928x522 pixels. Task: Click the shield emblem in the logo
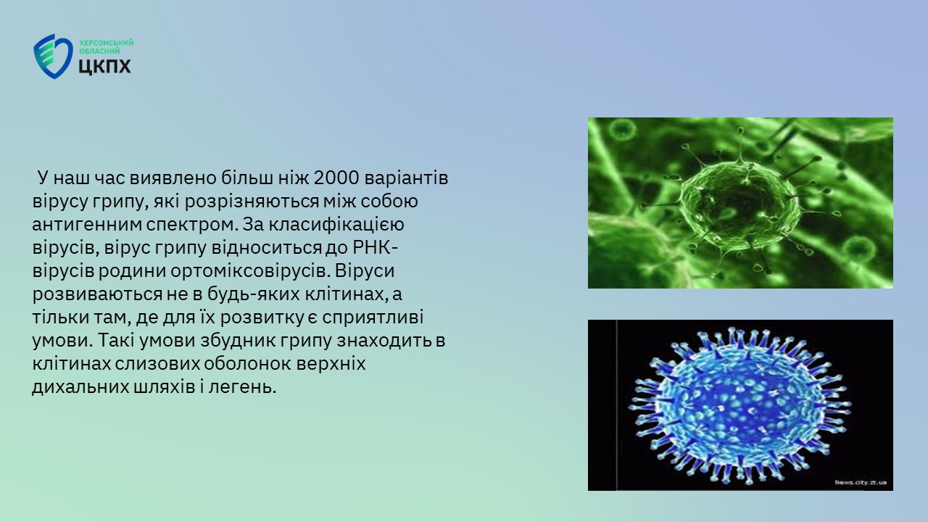pos(53,57)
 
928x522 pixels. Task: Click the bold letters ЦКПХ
pos(105,66)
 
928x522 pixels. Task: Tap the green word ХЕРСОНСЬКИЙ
pos(107,43)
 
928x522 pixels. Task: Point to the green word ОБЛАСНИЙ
pos(99,51)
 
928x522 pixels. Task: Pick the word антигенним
pos(86,225)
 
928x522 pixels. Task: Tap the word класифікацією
pos(336,225)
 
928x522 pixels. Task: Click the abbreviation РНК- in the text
pos(376,248)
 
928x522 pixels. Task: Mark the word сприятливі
pos(373,318)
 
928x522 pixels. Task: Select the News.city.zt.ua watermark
pos(861,483)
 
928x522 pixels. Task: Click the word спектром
pos(191,225)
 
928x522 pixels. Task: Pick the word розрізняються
pos(252,202)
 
